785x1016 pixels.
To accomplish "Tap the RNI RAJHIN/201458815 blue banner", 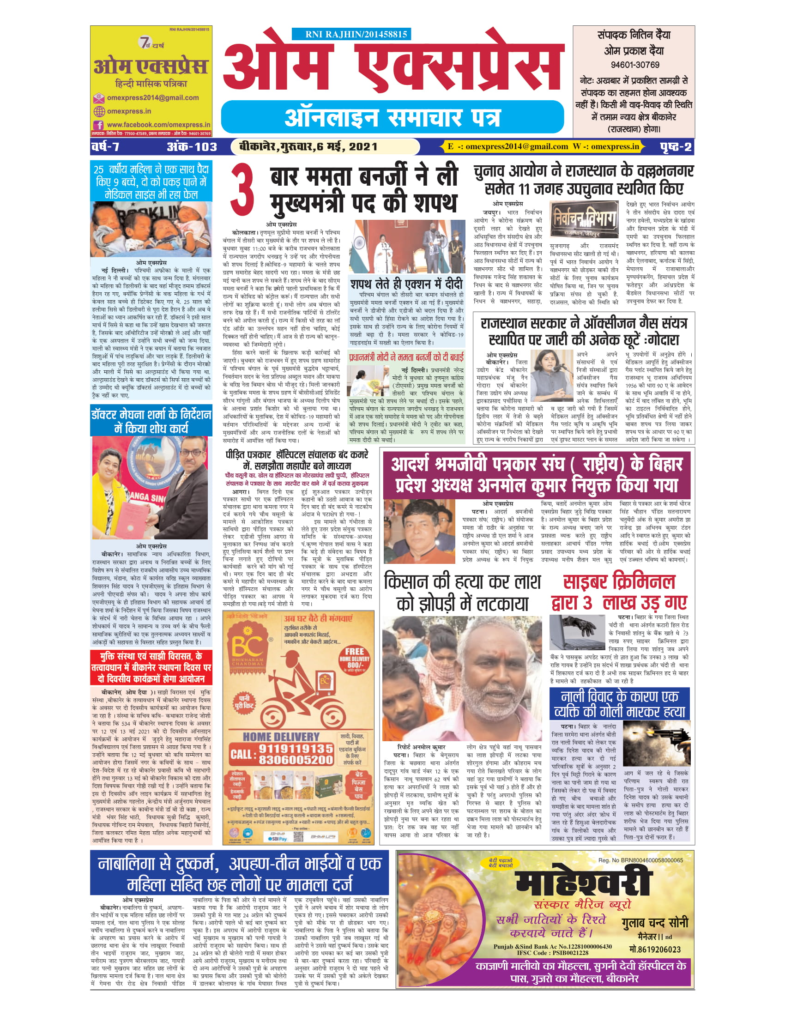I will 351,34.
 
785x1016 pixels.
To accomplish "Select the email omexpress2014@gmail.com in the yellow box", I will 152,98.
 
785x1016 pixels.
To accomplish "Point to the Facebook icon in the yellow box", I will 99,125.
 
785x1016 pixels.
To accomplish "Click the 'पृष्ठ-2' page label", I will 676,147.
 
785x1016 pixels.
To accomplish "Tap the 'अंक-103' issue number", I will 192,147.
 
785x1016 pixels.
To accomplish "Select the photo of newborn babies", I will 151,229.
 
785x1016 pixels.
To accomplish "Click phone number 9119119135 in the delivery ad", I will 296,749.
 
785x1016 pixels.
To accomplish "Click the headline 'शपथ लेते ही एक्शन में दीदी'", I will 406,284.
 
